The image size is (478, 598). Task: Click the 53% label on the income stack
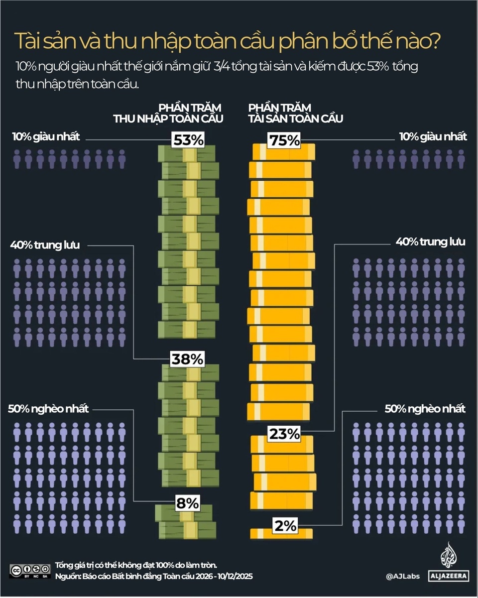188,140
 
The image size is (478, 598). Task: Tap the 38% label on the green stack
188,359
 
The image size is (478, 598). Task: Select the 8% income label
187,503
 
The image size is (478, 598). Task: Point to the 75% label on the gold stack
284,140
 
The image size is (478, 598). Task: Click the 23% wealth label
284,434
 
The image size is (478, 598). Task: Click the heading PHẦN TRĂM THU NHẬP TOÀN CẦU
168,114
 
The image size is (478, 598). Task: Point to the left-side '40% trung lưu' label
45,245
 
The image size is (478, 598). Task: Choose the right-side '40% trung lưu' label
430,242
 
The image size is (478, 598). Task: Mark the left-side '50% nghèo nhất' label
49,409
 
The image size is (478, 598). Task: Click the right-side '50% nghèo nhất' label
425,409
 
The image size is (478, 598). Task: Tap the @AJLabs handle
403,577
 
